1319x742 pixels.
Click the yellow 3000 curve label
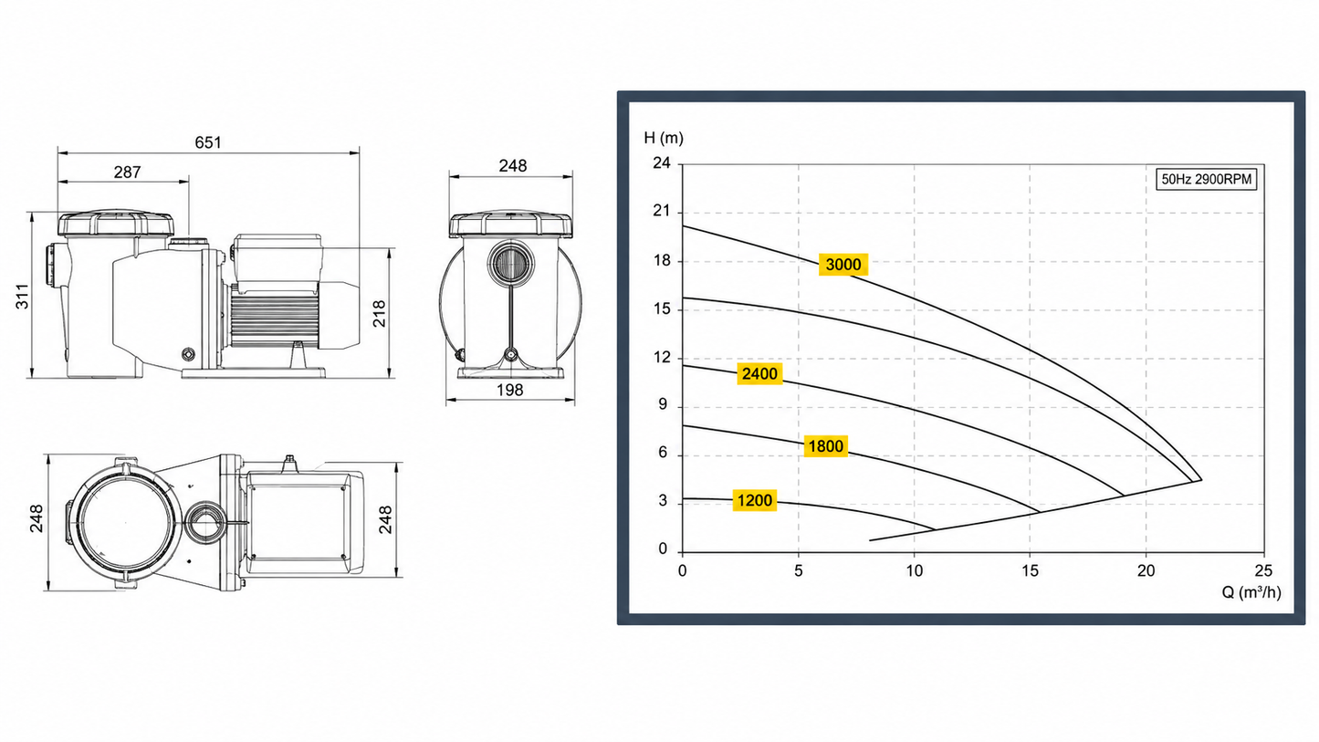(x=843, y=265)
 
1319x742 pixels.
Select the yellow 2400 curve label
(x=759, y=373)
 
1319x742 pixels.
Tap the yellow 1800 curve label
(x=825, y=446)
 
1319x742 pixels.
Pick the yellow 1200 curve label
(x=754, y=500)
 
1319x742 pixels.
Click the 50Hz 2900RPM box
(x=1207, y=179)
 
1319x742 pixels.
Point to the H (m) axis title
(x=664, y=138)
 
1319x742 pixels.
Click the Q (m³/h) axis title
(x=1251, y=591)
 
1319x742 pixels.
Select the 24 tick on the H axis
(x=661, y=163)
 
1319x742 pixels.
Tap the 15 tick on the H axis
(x=662, y=308)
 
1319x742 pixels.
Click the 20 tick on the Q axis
(x=1146, y=570)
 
